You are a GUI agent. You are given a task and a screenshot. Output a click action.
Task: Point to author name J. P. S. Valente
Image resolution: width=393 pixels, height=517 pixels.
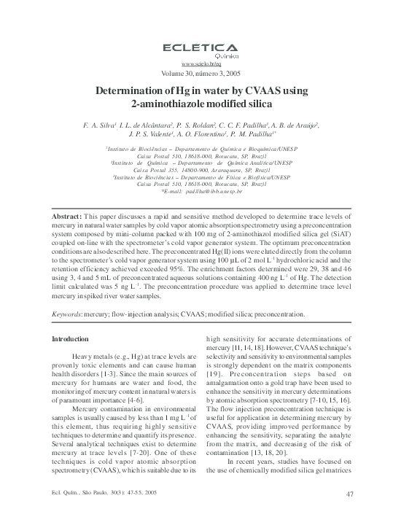pos(150,136)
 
